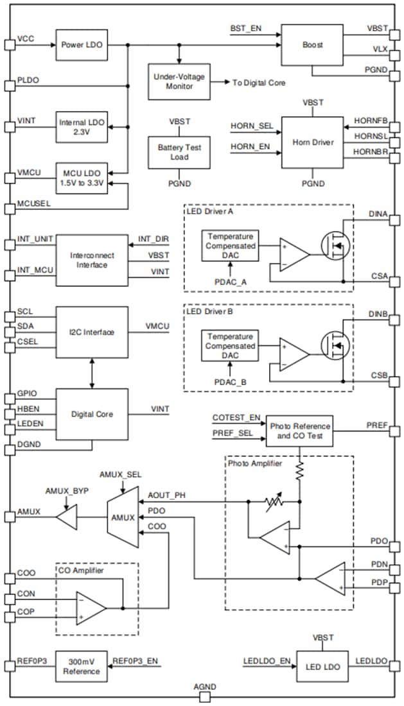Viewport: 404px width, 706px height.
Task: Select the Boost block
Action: (x=312, y=45)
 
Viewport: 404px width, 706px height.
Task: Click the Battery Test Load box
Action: (x=179, y=152)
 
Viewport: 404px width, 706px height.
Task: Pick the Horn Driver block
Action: (x=312, y=142)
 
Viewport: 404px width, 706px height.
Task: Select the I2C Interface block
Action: (x=92, y=332)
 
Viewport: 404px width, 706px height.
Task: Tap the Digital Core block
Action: (x=92, y=414)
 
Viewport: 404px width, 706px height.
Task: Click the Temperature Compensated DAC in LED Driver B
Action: (x=229, y=346)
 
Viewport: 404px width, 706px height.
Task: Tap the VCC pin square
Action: (x=9, y=45)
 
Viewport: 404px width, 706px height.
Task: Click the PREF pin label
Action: (x=376, y=424)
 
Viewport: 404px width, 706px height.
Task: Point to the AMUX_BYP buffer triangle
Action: (x=66, y=517)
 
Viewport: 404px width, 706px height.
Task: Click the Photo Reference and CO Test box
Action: (x=300, y=431)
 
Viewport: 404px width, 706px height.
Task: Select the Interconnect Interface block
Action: (x=92, y=260)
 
